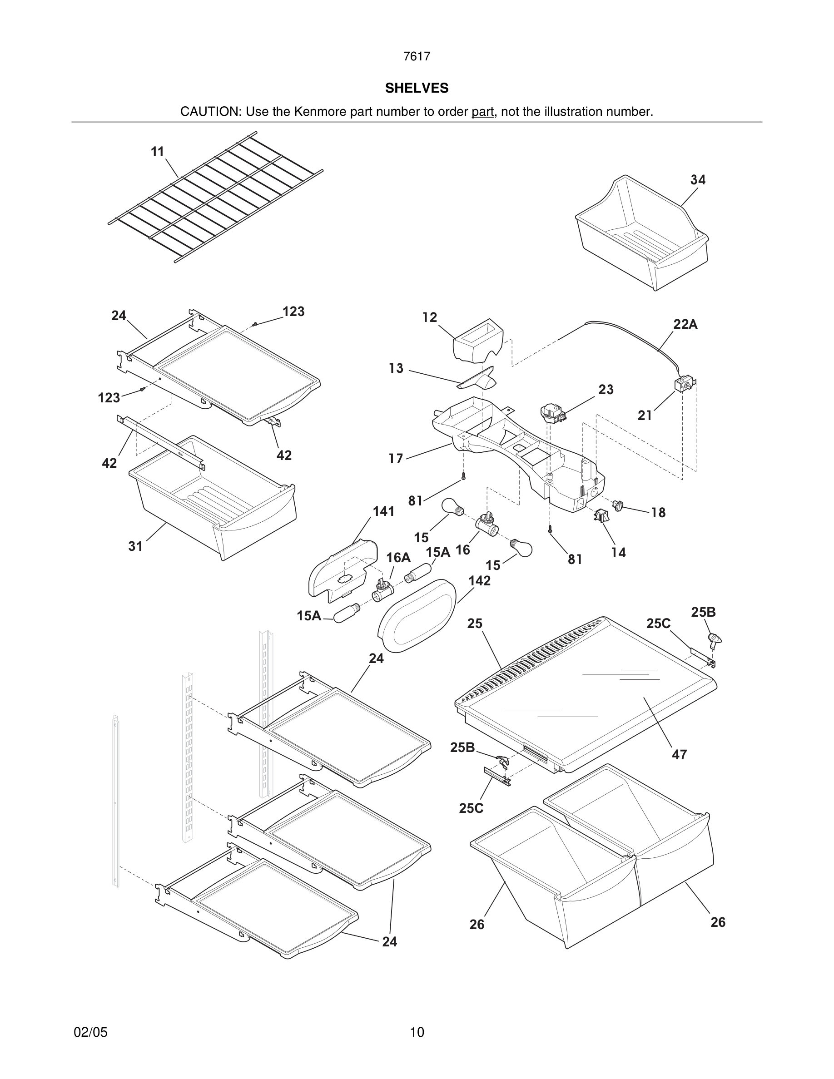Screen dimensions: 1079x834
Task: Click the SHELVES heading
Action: click(417, 88)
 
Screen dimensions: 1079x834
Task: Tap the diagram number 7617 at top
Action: click(417, 56)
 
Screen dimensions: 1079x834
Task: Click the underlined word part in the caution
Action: click(482, 112)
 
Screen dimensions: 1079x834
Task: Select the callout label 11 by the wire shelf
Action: click(157, 152)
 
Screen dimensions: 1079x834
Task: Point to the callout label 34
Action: click(698, 180)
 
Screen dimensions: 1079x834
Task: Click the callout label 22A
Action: click(685, 324)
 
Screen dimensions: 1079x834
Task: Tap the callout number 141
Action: click(383, 511)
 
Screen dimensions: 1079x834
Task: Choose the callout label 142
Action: click(479, 580)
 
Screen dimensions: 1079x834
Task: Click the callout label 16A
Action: click(398, 558)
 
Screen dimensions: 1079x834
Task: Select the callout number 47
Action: click(680, 754)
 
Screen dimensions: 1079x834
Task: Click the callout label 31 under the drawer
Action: click(135, 546)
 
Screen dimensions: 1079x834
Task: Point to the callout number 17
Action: click(396, 459)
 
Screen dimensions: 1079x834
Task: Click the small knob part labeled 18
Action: click(618, 505)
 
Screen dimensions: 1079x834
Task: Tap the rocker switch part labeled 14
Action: click(601, 516)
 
